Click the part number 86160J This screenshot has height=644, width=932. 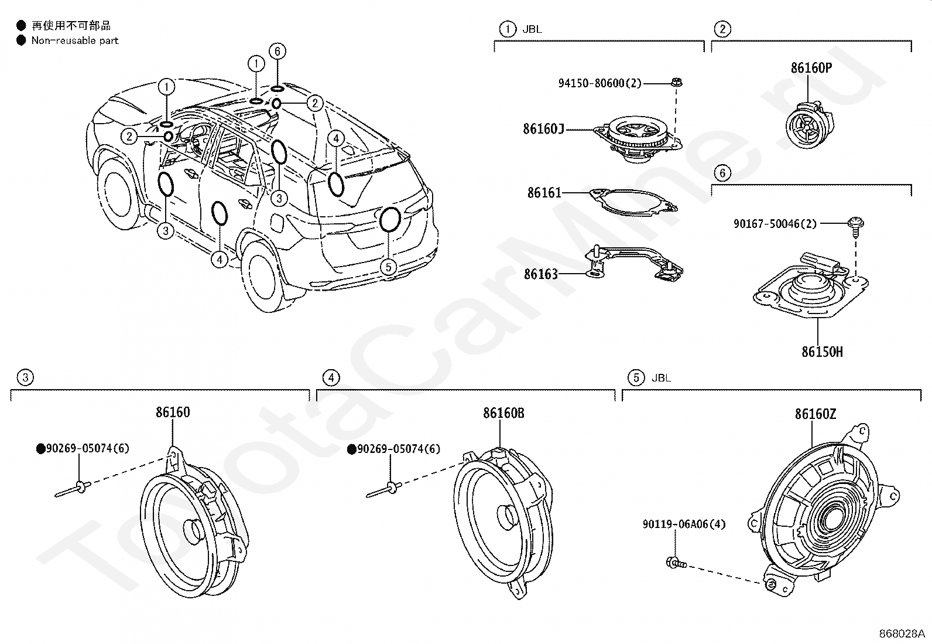[x=543, y=128]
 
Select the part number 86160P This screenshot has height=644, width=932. [x=811, y=67]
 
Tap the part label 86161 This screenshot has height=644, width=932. [x=544, y=192]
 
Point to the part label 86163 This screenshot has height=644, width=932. [x=541, y=274]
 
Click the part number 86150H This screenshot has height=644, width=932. [x=822, y=352]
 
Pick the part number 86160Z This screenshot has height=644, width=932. [x=815, y=414]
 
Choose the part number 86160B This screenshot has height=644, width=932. [x=503, y=413]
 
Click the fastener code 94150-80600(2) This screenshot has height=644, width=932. [x=599, y=83]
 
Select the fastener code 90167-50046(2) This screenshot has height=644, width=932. [x=775, y=223]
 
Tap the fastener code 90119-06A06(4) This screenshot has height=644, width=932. [x=684, y=524]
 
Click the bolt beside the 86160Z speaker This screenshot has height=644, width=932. [x=675, y=564]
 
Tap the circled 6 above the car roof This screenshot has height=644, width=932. [x=277, y=52]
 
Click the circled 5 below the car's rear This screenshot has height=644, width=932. [x=388, y=267]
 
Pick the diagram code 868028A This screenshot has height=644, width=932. [x=901, y=634]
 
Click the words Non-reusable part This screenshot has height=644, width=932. [x=75, y=40]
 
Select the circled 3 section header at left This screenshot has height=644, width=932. [x=25, y=377]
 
